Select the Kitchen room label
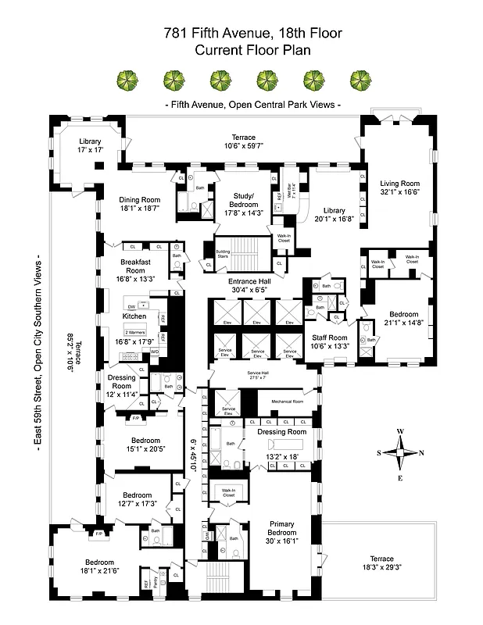(x=134, y=316)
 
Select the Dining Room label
(x=139, y=199)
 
